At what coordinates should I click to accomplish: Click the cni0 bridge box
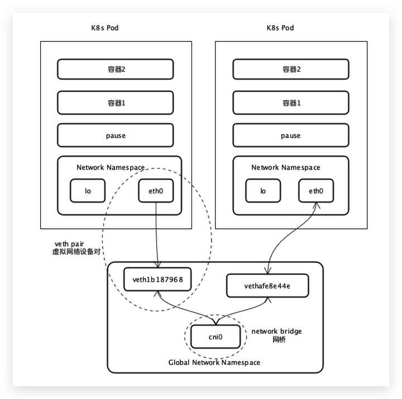(x=216, y=336)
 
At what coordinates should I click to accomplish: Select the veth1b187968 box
(x=157, y=279)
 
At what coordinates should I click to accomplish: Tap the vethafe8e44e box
(x=267, y=286)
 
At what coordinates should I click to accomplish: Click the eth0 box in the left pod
(x=156, y=191)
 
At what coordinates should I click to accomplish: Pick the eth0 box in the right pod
(x=316, y=191)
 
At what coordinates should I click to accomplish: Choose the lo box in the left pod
(x=88, y=191)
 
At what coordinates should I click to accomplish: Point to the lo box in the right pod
(x=263, y=191)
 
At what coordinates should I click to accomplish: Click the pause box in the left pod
(x=116, y=135)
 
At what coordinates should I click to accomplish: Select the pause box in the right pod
(x=291, y=135)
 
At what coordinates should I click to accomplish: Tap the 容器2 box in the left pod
(x=116, y=69)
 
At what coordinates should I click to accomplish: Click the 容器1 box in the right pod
(x=291, y=103)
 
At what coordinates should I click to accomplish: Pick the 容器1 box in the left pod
(x=116, y=103)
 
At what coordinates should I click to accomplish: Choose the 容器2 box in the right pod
(x=291, y=69)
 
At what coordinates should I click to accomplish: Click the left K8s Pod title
(x=105, y=28)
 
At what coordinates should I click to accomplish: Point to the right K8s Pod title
(x=280, y=28)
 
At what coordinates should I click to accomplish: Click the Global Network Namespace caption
(x=214, y=362)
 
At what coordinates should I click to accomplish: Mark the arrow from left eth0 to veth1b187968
(x=156, y=235)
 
